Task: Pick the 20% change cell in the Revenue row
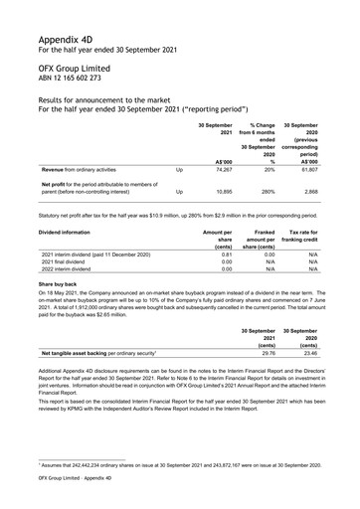[x=269, y=171]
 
